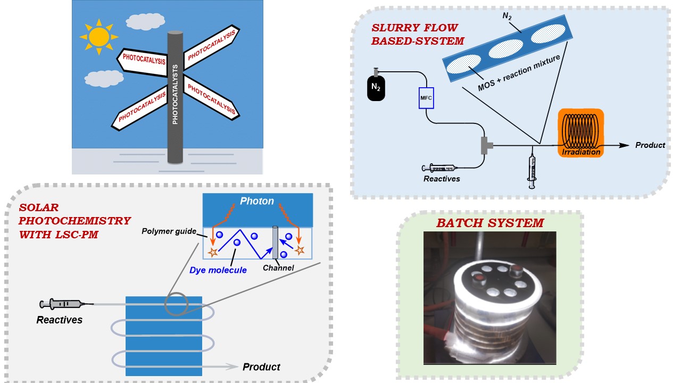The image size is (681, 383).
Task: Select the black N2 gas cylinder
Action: [376, 86]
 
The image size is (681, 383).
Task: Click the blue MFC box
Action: [427, 98]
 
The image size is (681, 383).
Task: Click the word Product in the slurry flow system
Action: [650, 145]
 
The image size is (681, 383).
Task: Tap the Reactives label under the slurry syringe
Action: [442, 179]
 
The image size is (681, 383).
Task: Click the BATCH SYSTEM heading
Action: [490, 223]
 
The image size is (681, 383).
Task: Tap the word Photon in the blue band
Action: [257, 201]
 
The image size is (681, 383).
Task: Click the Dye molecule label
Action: [218, 270]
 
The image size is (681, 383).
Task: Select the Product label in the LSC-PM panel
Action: [261, 367]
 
